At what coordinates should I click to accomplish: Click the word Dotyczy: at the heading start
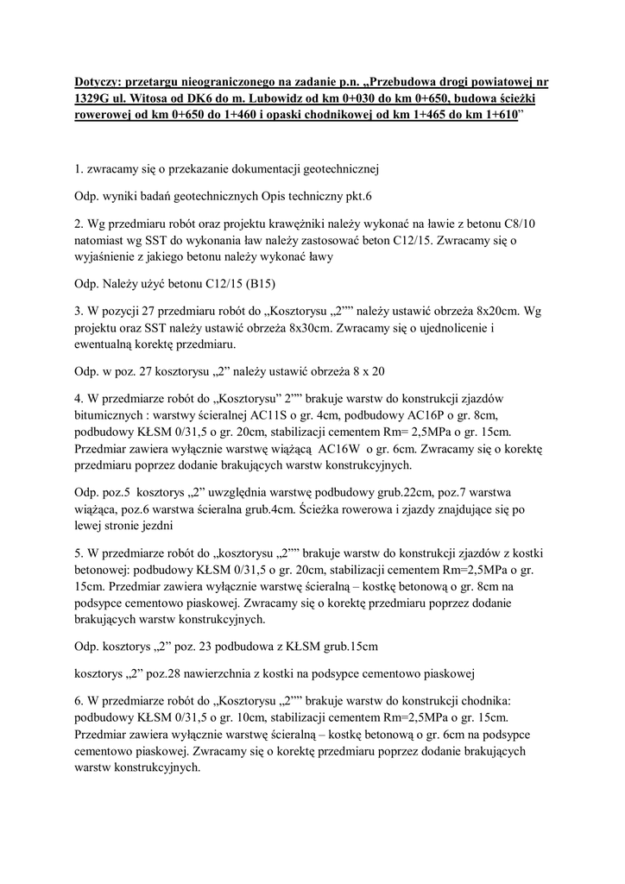tap(99, 83)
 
